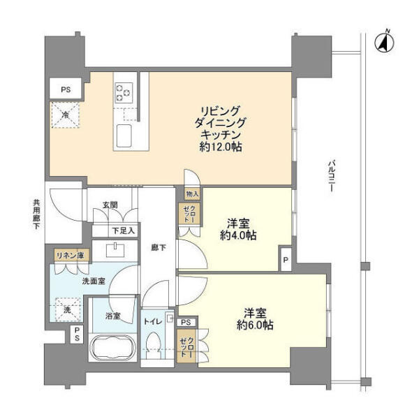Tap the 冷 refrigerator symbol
point(64,115)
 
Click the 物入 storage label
point(192,194)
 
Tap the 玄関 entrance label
point(111,205)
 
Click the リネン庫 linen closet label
point(70,256)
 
